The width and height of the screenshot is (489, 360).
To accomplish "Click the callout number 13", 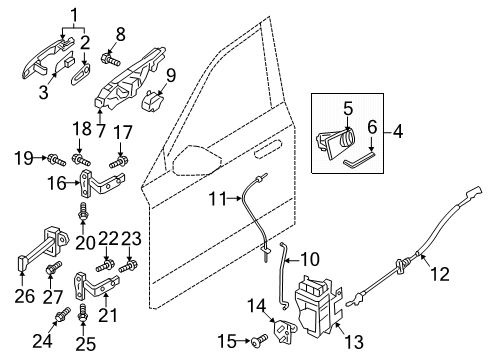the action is click(x=353, y=342).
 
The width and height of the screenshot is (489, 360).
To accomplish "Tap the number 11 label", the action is click(x=217, y=199).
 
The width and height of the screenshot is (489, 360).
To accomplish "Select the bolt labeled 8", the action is click(x=110, y=60).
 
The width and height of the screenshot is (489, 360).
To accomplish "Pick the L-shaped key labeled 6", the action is click(x=359, y=159).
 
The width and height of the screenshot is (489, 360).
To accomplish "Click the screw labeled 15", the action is click(x=261, y=340).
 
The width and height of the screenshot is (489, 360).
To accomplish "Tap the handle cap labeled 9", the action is click(x=153, y=100).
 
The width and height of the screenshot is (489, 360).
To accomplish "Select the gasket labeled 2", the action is click(x=81, y=75).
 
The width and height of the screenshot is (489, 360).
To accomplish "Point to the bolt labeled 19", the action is click(x=57, y=159).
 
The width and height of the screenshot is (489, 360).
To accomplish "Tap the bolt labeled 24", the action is click(x=63, y=314).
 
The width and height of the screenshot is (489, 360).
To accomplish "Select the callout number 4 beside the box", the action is click(x=397, y=132).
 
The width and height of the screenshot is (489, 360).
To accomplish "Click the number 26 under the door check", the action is click(x=25, y=296).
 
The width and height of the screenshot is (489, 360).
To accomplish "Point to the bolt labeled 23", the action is click(x=129, y=266).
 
